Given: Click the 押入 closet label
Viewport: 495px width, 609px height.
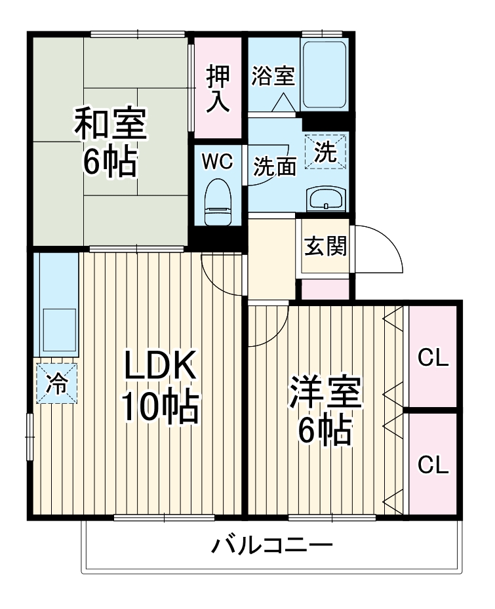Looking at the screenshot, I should coord(218,89).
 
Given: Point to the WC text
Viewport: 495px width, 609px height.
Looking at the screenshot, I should coord(216,162).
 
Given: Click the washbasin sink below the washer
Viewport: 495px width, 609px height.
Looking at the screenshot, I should coord(326,197).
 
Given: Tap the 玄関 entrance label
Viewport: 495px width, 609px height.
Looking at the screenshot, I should coord(325,248).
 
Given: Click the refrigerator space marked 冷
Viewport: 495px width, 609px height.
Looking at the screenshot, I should coord(57,383).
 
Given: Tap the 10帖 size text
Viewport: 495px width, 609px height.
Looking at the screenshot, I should coord(159,408).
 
